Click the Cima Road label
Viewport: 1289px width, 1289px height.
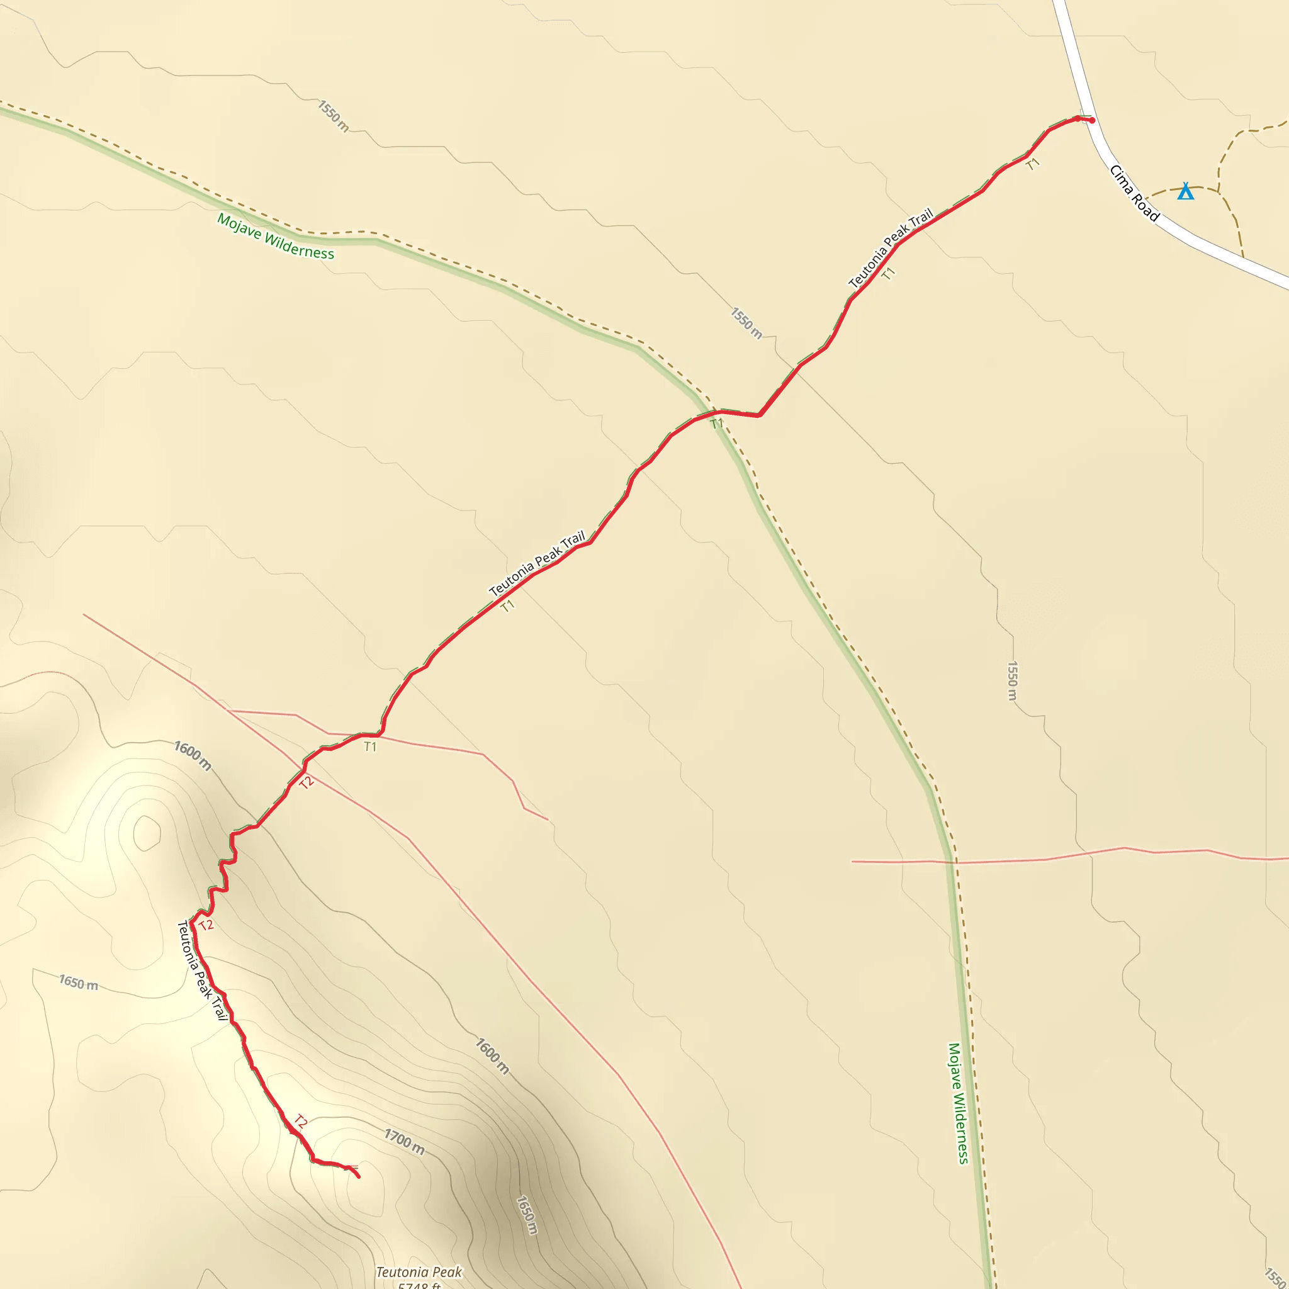[1134, 193]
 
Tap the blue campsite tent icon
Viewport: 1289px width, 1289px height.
[1185, 191]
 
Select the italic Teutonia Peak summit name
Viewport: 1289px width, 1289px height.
[419, 1271]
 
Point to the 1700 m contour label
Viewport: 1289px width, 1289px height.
[404, 1141]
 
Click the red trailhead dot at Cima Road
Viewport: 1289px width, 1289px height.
[1091, 121]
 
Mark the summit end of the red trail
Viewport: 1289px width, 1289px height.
[359, 1176]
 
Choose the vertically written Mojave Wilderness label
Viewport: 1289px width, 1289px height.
[958, 1103]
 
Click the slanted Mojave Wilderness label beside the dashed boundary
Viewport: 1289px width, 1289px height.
[276, 236]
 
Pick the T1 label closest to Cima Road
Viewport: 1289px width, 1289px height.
[1033, 164]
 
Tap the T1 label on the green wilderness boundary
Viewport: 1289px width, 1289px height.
[716, 424]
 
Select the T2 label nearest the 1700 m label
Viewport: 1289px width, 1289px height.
[301, 1122]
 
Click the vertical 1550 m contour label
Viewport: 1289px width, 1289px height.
[1011, 680]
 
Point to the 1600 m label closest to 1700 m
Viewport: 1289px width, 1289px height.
[492, 1055]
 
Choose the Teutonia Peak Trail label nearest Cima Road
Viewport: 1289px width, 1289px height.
[890, 248]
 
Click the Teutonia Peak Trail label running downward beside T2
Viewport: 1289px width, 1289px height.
[201, 970]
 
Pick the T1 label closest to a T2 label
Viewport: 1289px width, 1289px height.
[370, 746]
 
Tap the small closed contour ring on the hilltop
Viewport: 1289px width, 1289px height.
[147, 833]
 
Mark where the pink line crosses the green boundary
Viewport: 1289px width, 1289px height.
[954, 862]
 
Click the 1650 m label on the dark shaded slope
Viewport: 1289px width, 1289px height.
[526, 1214]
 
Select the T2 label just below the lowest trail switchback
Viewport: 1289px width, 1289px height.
[206, 925]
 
